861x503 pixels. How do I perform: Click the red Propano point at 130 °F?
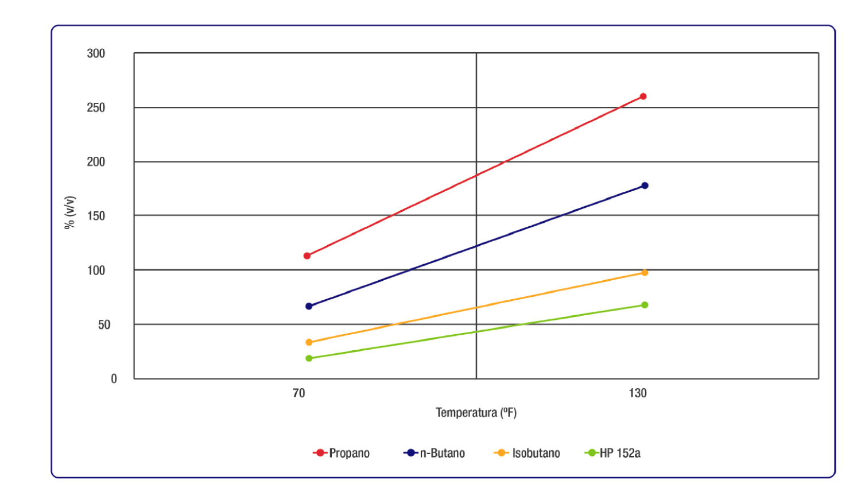click(x=643, y=96)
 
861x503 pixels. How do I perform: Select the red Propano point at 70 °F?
click(x=307, y=256)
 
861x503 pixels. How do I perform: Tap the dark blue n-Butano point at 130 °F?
click(x=645, y=185)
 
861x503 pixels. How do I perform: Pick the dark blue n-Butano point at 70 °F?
click(x=309, y=306)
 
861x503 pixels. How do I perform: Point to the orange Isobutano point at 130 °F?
click(x=645, y=273)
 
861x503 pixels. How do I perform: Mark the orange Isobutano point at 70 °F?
click(x=309, y=342)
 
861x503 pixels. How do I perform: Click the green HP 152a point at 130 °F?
click(x=645, y=305)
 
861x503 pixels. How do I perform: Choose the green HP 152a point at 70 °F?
click(x=309, y=358)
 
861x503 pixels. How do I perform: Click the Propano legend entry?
click(x=342, y=453)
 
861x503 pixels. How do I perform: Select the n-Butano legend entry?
click(x=435, y=453)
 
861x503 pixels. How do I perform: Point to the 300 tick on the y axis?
click(x=96, y=53)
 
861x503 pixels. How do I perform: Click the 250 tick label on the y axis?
click(x=96, y=107)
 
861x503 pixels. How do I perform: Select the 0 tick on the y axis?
click(x=114, y=378)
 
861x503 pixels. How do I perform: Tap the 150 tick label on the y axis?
click(x=96, y=216)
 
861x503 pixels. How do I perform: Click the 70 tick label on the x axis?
click(x=299, y=393)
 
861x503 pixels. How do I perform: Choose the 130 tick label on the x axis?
click(x=638, y=393)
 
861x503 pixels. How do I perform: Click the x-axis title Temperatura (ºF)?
click(x=476, y=413)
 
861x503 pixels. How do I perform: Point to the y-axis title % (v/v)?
click(x=70, y=212)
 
